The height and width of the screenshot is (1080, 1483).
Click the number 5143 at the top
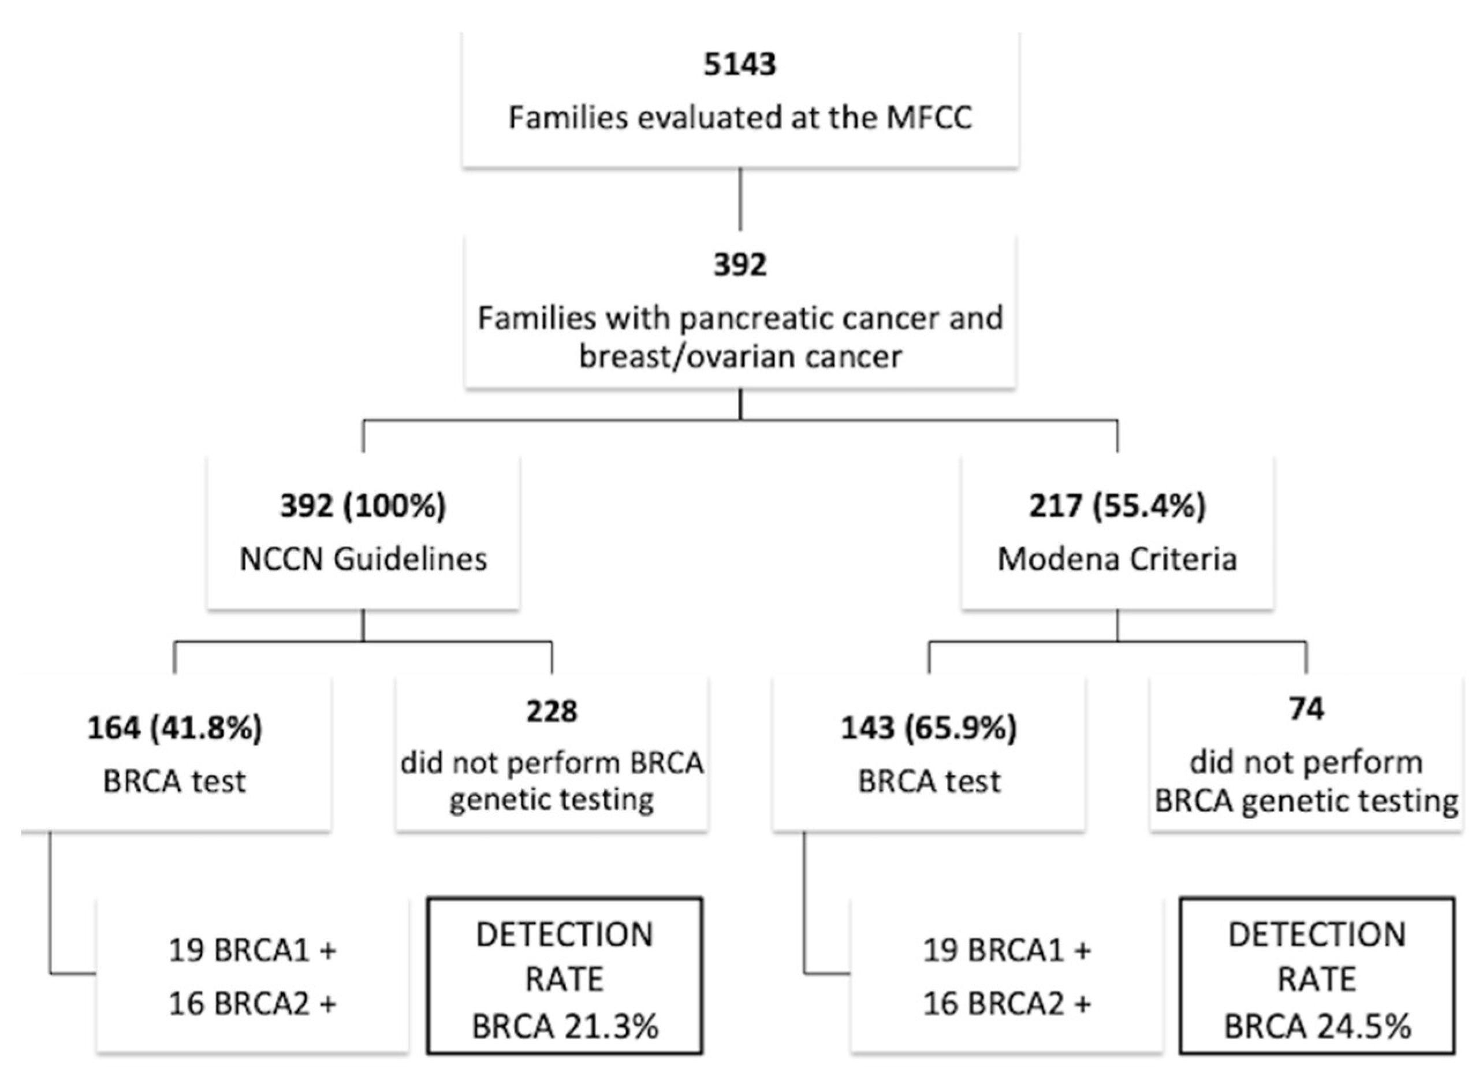pyautogui.click(x=740, y=65)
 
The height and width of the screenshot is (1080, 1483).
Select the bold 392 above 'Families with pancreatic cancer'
pyautogui.click(x=740, y=265)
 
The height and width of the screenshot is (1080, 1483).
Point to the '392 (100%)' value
pyautogui.click(x=363, y=505)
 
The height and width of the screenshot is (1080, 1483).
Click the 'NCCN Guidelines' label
pyautogui.click(x=363, y=559)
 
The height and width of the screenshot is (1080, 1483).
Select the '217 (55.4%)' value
pyautogui.click(x=1117, y=505)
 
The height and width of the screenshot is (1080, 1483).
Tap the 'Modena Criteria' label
pyautogui.click(x=1117, y=559)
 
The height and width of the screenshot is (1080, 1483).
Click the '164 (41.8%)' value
pyautogui.click(x=174, y=728)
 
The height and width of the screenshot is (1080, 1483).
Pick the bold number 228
pyautogui.click(x=552, y=710)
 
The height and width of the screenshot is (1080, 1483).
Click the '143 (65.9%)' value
pyautogui.click(x=929, y=728)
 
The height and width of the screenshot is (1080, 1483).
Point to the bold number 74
pyautogui.click(x=1306, y=709)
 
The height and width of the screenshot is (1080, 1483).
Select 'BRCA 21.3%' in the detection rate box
pyautogui.click(x=565, y=1026)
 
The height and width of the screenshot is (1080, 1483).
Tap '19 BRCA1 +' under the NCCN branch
pyautogui.click(x=252, y=950)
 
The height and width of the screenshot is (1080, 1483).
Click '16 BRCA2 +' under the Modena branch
pyautogui.click(x=1007, y=1003)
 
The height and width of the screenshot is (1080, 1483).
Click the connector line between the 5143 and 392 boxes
pyautogui.click(x=740, y=199)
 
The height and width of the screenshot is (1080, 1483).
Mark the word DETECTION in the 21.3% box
pyautogui.click(x=565, y=935)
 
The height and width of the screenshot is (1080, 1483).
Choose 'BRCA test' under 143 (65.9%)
pyautogui.click(x=929, y=781)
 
